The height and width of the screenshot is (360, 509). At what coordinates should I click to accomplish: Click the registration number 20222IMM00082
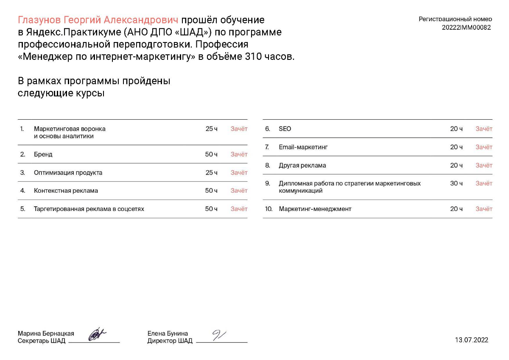tap(466, 28)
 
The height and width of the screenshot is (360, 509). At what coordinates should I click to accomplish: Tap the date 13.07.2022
tap(472, 340)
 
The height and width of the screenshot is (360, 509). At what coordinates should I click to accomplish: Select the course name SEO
tap(285, 129)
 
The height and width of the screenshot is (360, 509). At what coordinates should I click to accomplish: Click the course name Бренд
tap(43, 155)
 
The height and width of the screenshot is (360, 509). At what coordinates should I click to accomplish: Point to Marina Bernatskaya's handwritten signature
tap(97, 334)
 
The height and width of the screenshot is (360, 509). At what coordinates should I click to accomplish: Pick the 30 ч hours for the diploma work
tap(456, 183)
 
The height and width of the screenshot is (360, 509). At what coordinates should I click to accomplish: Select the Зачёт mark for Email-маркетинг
tap(484, 147)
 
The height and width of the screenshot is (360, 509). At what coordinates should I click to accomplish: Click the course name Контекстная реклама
tap(66, 191)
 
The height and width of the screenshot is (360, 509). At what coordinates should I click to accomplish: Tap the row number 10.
tap(268, 209)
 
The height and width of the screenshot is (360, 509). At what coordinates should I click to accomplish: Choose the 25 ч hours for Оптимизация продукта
tap(211, 173)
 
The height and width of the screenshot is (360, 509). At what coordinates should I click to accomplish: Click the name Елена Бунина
tap(168, 334)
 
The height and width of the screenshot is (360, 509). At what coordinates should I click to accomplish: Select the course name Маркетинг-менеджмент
tap(315, 209)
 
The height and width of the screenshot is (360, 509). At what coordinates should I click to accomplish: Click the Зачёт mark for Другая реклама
tap(484, 165)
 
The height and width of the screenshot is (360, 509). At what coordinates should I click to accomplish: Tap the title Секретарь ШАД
tap(42, 341)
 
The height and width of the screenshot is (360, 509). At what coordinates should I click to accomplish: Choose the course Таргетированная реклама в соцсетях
tap(89, 209)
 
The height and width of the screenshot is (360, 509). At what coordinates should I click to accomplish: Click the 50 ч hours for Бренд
tap(211, 155)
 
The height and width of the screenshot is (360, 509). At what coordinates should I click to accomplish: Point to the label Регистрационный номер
tap(455, 19)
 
